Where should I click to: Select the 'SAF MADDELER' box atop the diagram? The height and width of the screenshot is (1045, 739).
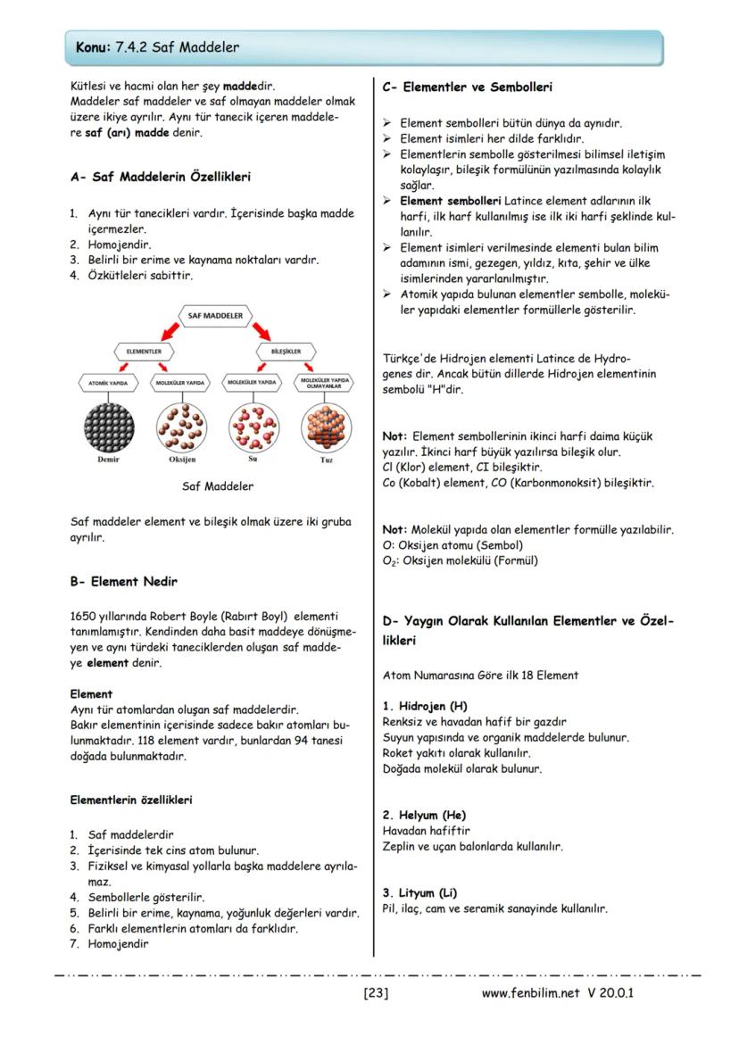click(217, 316)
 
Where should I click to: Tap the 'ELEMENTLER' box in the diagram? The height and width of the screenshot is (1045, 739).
click(137, 352)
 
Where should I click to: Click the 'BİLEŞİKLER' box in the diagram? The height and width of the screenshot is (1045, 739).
click(286, 352)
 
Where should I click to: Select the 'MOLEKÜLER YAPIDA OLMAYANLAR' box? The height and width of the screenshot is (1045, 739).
click(325, 383)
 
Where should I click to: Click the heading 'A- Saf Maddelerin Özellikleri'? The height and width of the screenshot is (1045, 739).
click(160, 177)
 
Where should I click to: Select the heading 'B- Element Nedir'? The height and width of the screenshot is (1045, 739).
click(123, 582)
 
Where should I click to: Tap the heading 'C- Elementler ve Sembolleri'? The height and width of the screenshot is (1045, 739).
click(467, 87)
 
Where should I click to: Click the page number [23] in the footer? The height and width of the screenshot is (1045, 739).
click(375, 992)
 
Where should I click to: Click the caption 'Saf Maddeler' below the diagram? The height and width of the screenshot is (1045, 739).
click(217, 486)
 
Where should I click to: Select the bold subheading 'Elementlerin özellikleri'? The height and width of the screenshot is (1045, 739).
click(131, 800)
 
